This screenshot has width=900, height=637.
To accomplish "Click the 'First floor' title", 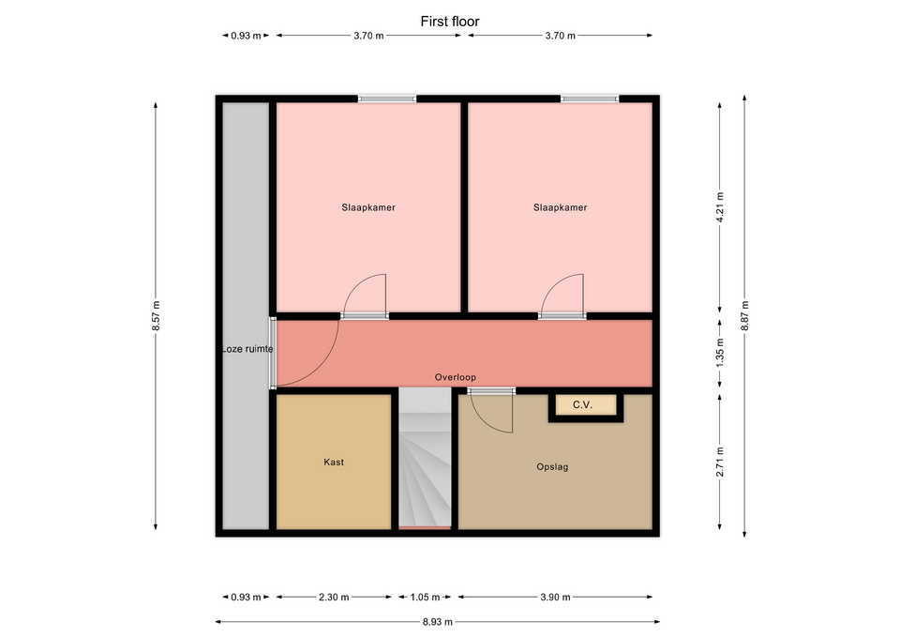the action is (x=449, y=22).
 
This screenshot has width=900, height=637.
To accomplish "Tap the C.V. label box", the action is (x=582, y=405).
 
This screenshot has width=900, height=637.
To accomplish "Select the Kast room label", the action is (x=334, y=462).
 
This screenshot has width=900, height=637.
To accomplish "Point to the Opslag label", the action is (x=552, y=467).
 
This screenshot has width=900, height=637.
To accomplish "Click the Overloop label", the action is (x=456, y=377).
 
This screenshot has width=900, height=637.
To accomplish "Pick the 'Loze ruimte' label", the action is (x=247, y=349).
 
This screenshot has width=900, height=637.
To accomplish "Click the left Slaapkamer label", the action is (x=368, y=207).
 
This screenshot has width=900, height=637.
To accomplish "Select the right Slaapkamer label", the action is (x=561, y=207).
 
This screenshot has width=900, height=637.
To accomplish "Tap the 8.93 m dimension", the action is (x=438, y=621).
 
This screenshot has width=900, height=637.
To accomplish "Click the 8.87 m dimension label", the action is (x=744, y=316).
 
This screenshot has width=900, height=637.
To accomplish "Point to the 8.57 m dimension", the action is (x=156, y=316).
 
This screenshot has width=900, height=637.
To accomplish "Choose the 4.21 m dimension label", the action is (x=720, y=207).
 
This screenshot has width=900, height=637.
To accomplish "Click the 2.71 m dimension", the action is (x=720, y=462).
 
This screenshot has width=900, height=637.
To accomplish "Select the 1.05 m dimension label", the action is (x=425, y=598).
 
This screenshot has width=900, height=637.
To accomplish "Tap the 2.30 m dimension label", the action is (x=334, y=598).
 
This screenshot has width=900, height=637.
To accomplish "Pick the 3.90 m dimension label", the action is (x=555, y=598).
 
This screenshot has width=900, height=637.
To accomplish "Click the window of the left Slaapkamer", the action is (x=387, y=99).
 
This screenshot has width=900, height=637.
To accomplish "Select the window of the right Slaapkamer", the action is (x=590, y=99).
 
